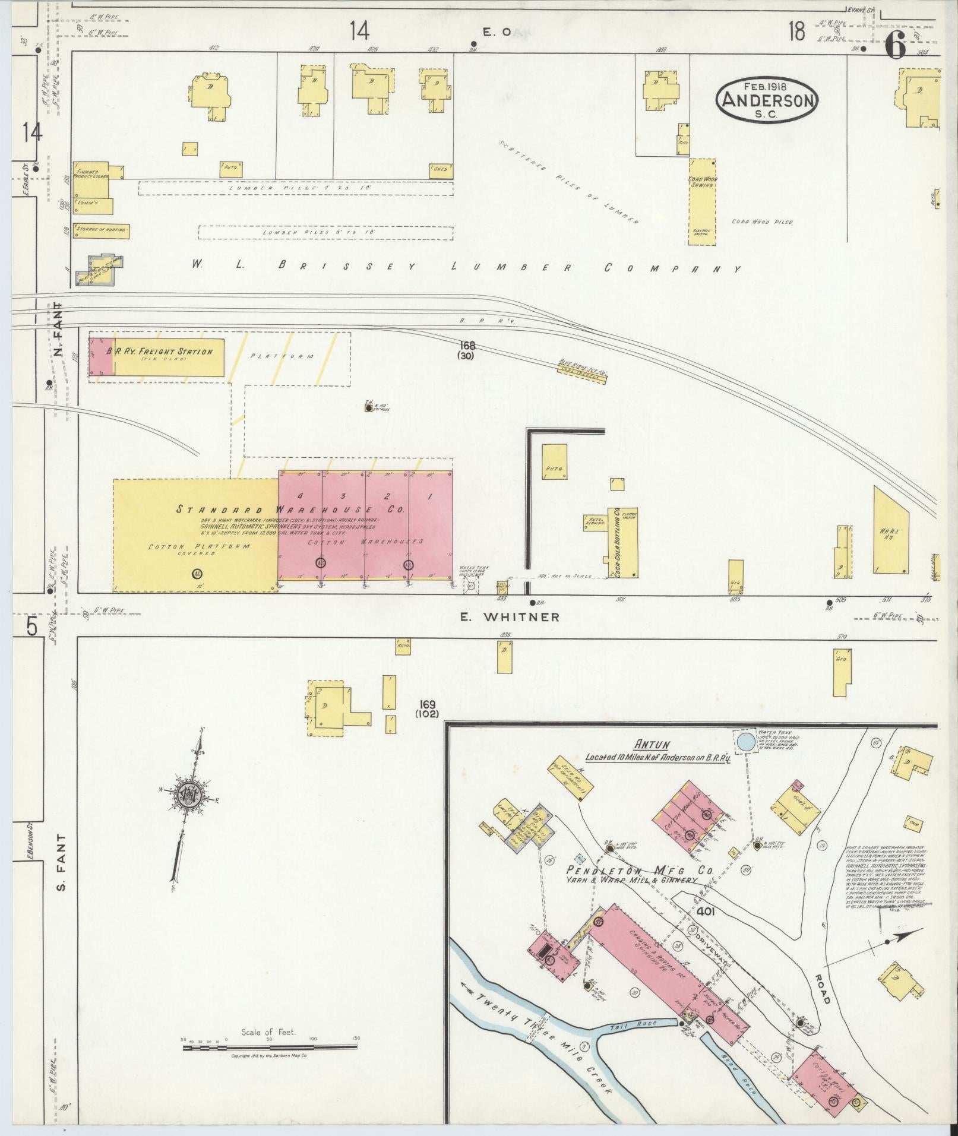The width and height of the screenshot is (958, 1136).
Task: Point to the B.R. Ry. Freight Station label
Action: point(159,352)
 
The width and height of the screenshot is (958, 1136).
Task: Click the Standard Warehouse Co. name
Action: point(290,510)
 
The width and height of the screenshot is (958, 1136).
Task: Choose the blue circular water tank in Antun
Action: point(746,741)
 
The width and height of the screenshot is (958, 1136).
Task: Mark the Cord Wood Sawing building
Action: point(702,202)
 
